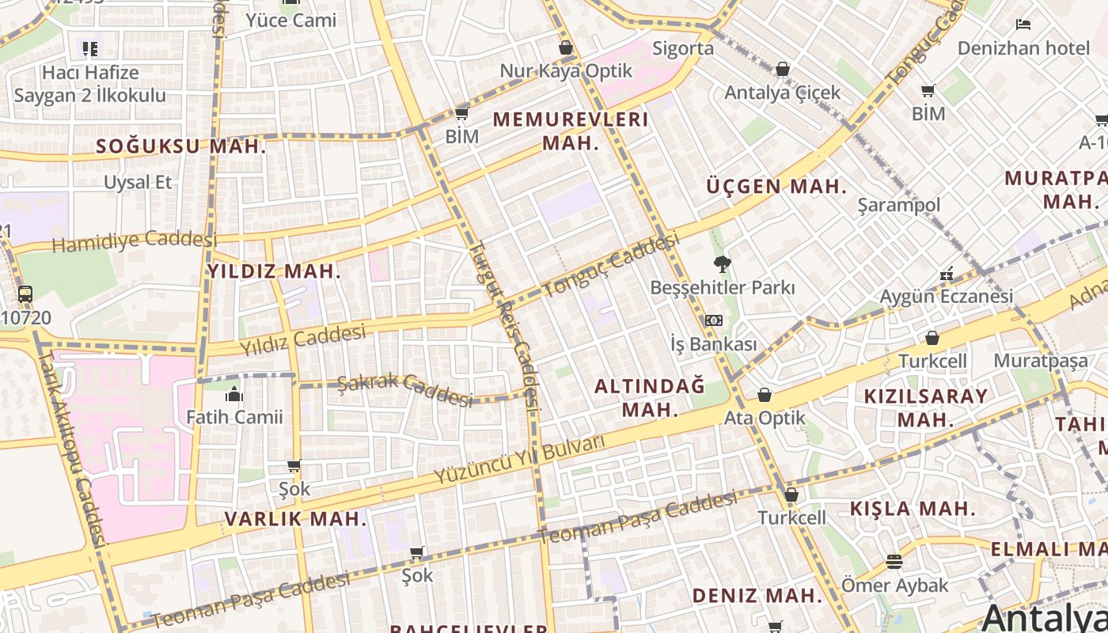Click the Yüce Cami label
(291, 21)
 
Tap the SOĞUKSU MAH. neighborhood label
(180, 146)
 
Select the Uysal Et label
(138, 182)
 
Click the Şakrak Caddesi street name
(404, 389)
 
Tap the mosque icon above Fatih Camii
(234, 395)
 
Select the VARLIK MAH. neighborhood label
(296, 519)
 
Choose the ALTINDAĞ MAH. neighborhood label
(650, 397)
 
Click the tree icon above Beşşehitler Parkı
(722, 264)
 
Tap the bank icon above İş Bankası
(713, 320)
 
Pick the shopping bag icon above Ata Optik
(765, 394)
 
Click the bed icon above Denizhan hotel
(1023, 25)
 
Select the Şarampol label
(899, 205)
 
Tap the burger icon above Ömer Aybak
(894, 562)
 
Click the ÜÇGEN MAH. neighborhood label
(776, 187)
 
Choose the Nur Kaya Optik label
(566, 71)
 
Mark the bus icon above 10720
(25, 294)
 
